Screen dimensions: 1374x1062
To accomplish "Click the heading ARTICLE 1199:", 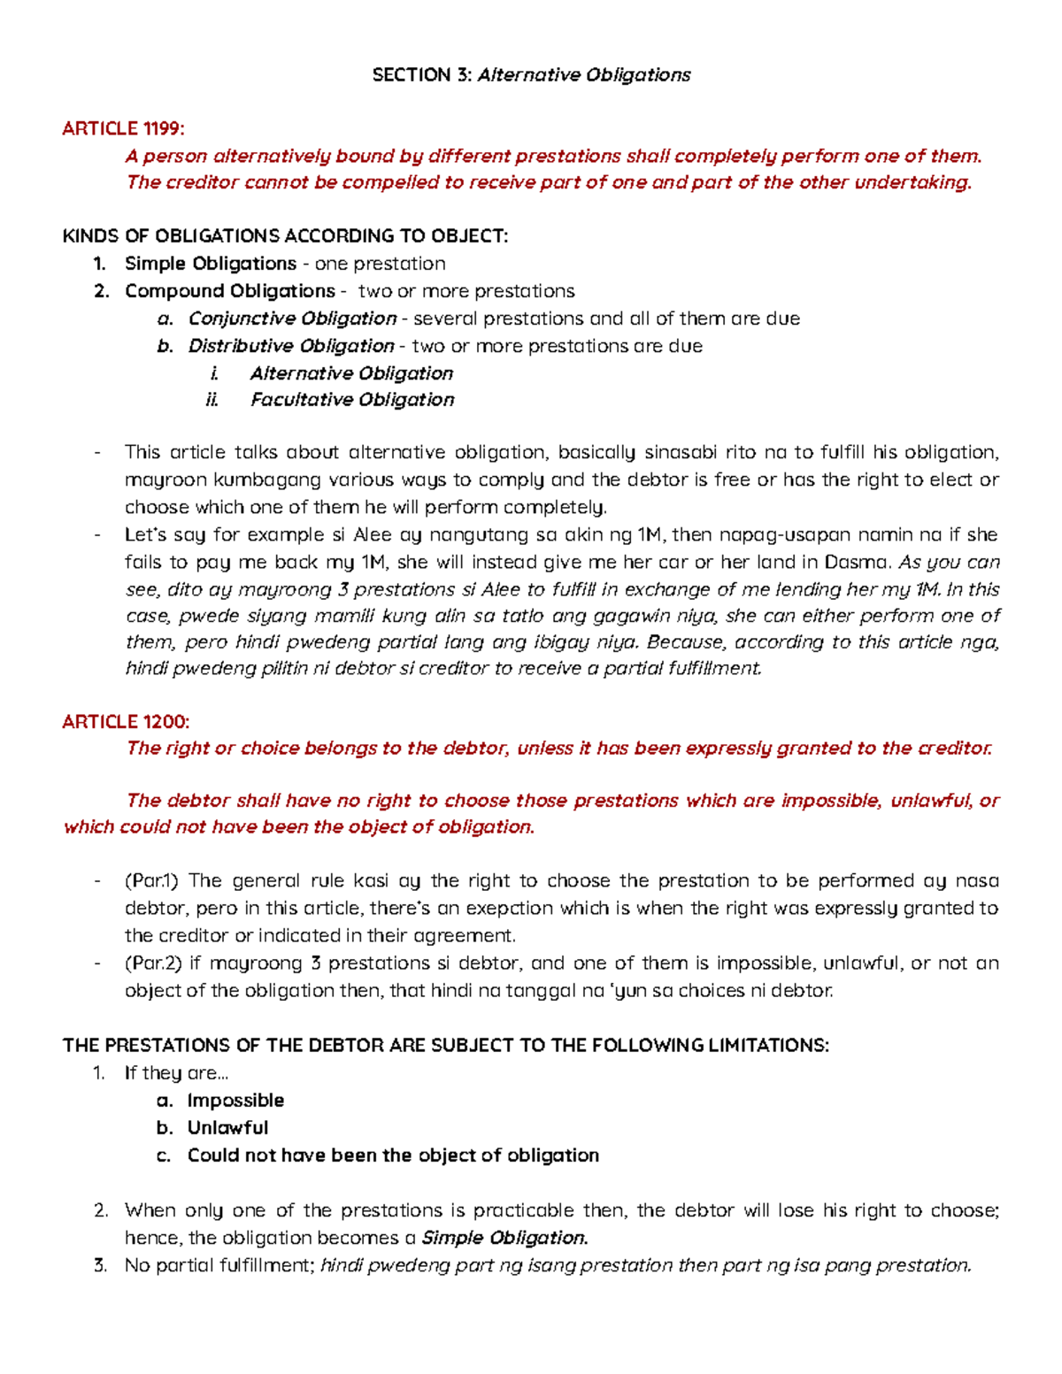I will point(123,129).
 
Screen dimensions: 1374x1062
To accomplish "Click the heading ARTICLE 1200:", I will point(126,722).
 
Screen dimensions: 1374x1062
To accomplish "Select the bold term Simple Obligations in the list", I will point(211,264).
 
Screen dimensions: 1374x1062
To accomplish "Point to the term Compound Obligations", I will point(230,291).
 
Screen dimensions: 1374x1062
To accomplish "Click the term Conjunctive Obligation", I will point(292,319).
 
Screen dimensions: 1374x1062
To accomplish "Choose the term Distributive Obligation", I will point(291,346).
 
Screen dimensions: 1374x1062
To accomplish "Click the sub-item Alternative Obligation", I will point(351,373).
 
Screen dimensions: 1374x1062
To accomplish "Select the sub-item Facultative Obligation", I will point(352,400).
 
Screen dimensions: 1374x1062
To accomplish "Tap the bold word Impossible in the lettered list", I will point(235,1101).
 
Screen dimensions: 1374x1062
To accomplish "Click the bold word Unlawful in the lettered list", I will point(227,1128).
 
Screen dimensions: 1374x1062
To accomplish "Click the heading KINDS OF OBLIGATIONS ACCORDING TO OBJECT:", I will point(285,236).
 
